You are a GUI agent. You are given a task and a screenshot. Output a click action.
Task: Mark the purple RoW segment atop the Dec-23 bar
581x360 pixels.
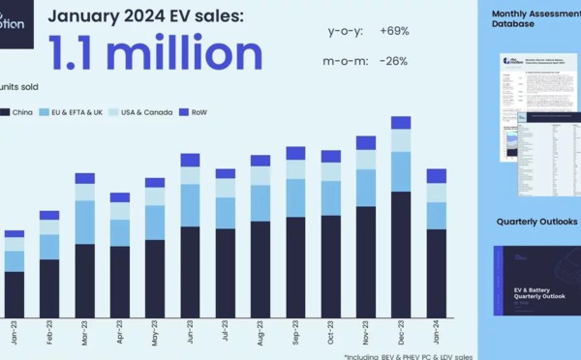(401, 123)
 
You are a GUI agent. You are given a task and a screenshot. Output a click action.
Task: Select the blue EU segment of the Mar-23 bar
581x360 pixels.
(85, 222)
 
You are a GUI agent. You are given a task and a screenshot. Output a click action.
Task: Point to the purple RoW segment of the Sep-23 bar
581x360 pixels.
(295, 153)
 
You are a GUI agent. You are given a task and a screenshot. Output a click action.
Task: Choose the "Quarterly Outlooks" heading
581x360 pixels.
(536, 222)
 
